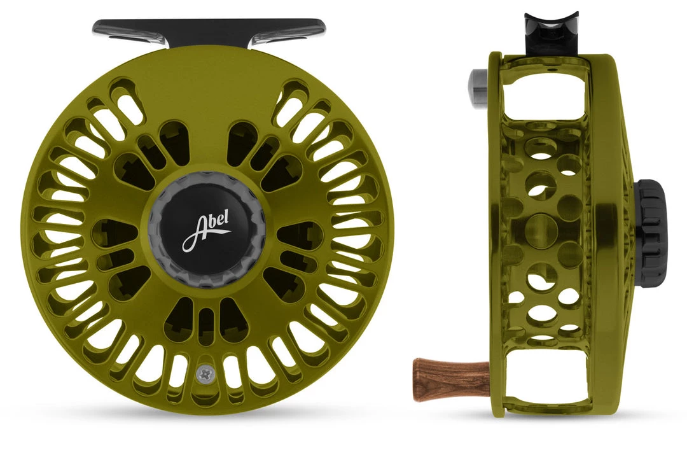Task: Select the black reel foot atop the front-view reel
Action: pyautogui.click(x=208, y=29)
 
